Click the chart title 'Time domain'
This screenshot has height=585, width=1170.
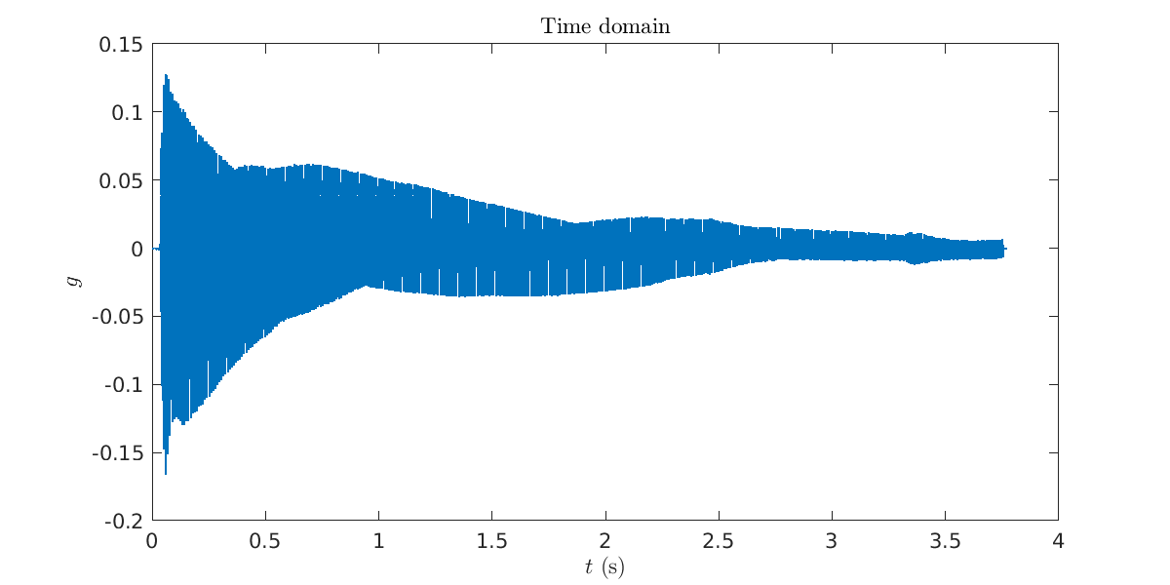click(x=605, y=26)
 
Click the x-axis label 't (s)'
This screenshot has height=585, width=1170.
click(x=604, y=566)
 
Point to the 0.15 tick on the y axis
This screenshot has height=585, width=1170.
click(x=120, y=45)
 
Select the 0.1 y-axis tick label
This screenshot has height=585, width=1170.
click(x=126, y=112)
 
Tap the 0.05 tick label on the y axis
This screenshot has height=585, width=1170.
click(x=120, y=180)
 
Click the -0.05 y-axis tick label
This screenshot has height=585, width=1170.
click(x=117, y=317)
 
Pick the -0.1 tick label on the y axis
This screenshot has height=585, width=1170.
click(x=123, y=385)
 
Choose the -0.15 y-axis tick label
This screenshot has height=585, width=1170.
click(x=117, y=453)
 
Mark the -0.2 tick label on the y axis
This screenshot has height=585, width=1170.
click(x=123, y=522)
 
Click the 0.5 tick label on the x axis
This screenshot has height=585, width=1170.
click(x=265, y=541)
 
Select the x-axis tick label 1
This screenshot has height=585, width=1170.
click(x=378, y=541)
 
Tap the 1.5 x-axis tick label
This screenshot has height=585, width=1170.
click(x=491, y=541)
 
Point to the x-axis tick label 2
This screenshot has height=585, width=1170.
click(x=605, y=541)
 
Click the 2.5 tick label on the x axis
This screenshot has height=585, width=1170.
click(x=719, y=541)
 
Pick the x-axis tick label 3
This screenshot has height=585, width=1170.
click(x=832, y=541)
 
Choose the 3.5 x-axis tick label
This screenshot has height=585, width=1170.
click(x=945, y=541)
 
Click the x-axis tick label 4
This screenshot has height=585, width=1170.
click(x=1058, y=541)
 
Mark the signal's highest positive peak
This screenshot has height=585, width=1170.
click(x=166, y=74)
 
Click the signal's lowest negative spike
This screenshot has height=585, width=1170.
click(x=166, y=474)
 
